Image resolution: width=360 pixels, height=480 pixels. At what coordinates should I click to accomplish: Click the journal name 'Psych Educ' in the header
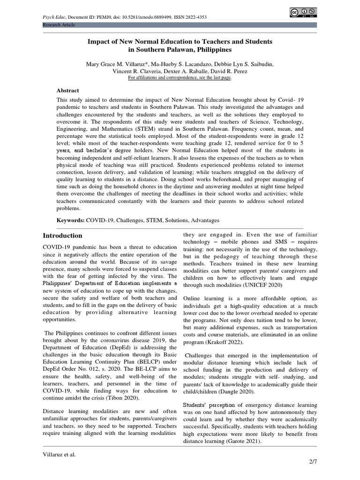[x=55, y=17]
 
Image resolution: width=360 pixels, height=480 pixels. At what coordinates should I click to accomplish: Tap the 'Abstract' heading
[x=68, y=90]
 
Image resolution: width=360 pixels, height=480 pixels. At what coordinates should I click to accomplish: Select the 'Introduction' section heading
[x=62, y=235]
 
